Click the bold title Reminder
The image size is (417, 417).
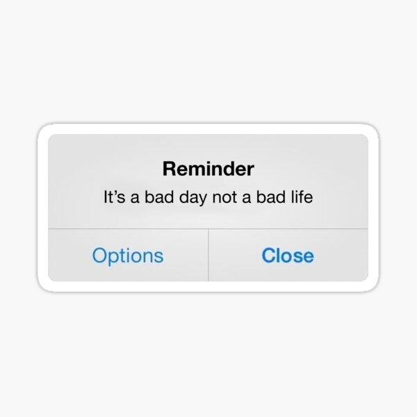pyautogui.click(x=208, y=168)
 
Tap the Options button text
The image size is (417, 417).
pyautogui.click(x=127, y=256)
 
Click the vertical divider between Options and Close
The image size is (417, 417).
pyautogui.click(x=208, y=255)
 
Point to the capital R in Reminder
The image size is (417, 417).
pyautogui.click(x=168, y=168)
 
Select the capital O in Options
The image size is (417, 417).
pyautogui.click(x=99, y=255)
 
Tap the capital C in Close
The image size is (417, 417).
pyautogui.click(x=268, y=255)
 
